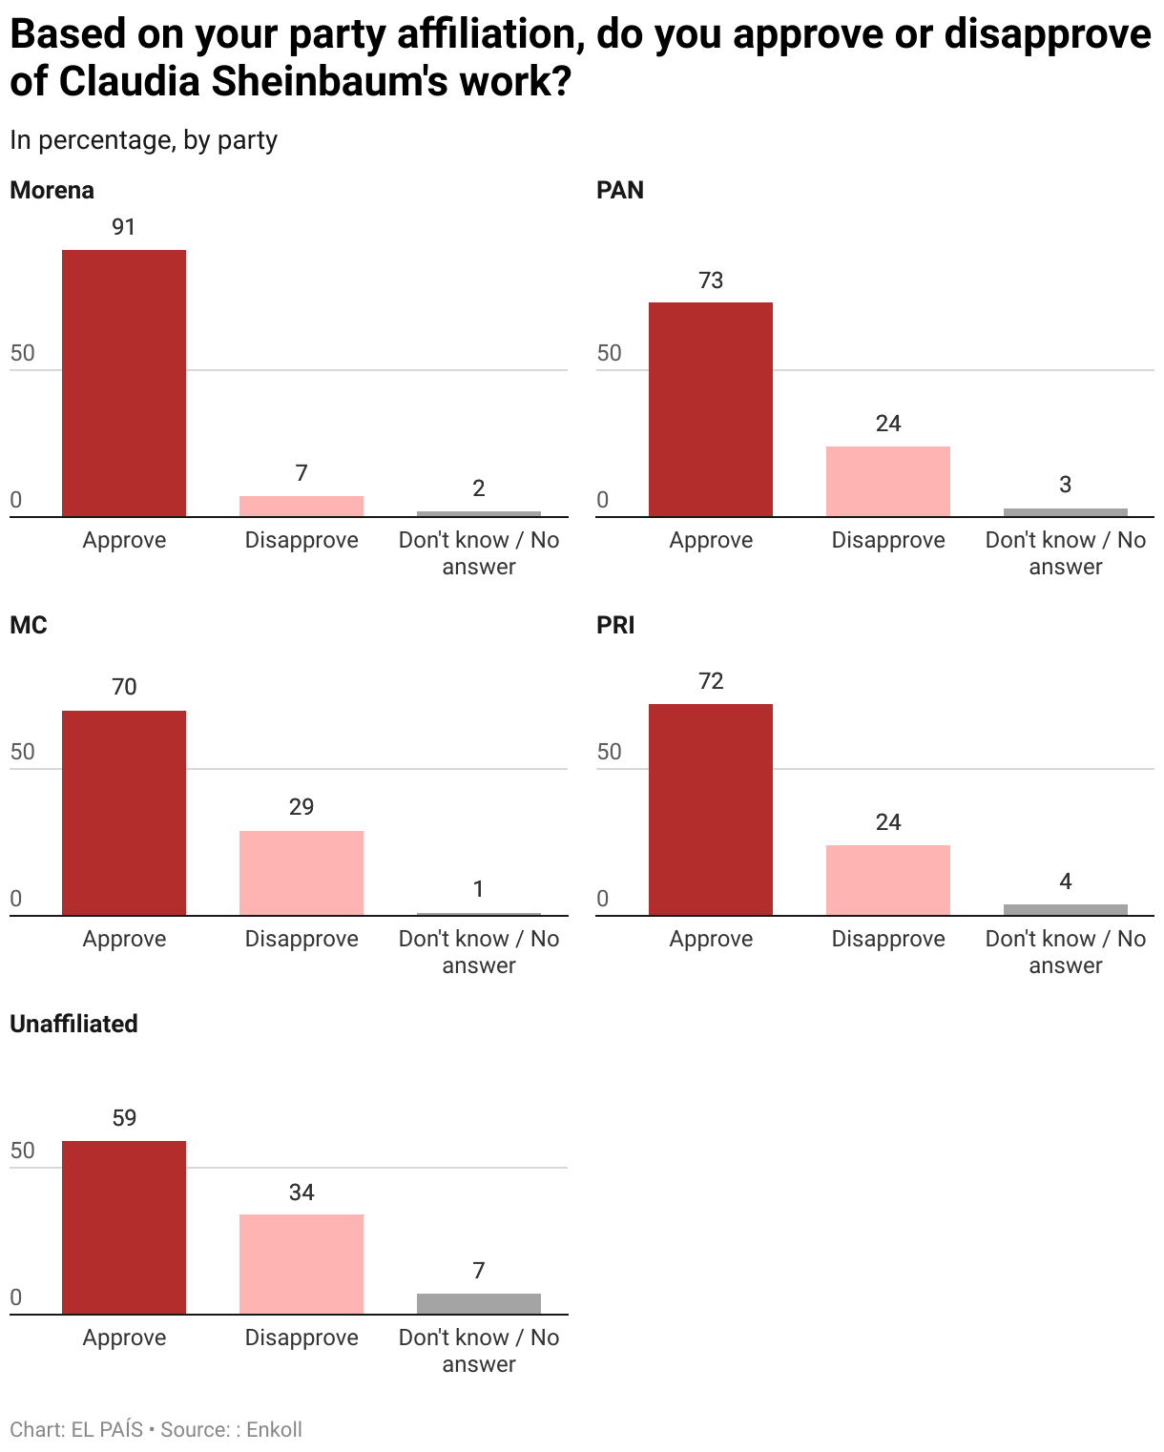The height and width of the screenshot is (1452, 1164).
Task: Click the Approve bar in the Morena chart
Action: click(124, 384)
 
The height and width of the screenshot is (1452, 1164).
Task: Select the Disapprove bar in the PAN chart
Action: click(887, 482)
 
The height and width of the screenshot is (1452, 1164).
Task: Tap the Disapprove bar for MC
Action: click(301, 873)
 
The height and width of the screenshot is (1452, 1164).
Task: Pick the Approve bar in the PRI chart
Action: click(711, 810)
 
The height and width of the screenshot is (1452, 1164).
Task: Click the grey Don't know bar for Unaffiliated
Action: click(479, 1304)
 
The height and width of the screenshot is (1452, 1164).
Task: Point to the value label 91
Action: click(124, 227)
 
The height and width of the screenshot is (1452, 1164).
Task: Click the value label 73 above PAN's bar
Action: click(711, 280)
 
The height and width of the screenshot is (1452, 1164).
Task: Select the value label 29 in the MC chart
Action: click(301, 807)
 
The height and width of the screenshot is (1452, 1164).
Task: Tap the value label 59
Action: click(124, 1118)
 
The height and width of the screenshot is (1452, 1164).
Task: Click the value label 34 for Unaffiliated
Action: click(301, 1193)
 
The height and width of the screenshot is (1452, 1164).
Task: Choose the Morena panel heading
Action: click(52, 190)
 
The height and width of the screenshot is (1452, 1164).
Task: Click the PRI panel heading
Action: click(615, 625)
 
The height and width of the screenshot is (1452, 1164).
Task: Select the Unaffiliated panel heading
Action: click(73, 1024)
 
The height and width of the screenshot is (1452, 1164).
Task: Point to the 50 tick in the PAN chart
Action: click(609, 353)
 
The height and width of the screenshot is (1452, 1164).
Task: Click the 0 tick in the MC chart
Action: click(16, 899)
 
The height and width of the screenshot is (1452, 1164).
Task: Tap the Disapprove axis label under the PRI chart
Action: click(887, 939)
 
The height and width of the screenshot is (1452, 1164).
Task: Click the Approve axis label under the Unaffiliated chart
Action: click(124, 1338)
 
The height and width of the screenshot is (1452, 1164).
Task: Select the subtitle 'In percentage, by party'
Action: click(143, 140)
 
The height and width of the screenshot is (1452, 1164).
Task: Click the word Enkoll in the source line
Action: click(274, 1429)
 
